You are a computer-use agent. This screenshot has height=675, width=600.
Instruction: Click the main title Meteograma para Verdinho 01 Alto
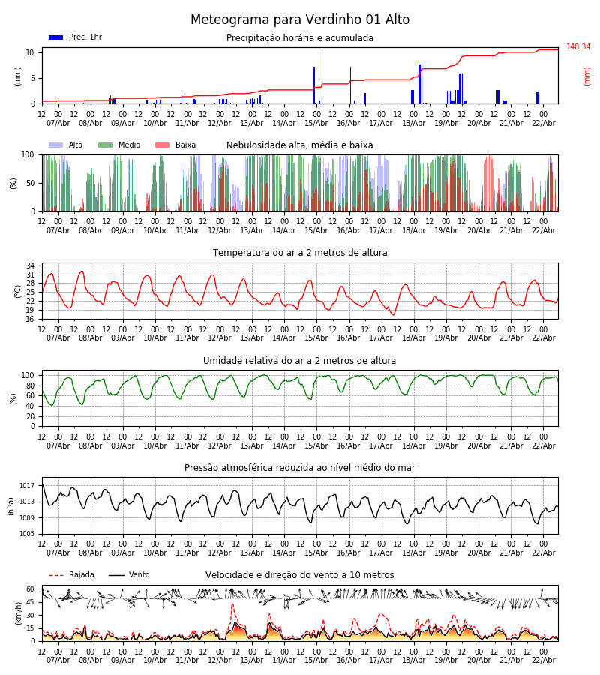point(300,20)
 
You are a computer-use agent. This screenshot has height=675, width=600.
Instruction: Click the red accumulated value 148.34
point(578,47)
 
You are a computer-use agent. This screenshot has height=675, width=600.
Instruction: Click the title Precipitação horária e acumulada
point(300,38)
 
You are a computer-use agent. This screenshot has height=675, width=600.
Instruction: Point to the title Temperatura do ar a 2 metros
point(300,253)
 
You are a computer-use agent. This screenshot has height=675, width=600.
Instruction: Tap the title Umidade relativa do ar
point(300,361)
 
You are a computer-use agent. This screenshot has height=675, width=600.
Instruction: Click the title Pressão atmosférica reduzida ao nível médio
point(300,468)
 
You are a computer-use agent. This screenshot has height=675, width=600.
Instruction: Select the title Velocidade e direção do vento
point(300,575)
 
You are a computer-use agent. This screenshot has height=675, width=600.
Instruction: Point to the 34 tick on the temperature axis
point(30,266)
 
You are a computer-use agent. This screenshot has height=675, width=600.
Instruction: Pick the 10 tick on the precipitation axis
point(30,52)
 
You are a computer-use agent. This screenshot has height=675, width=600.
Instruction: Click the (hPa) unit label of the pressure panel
point(12,505)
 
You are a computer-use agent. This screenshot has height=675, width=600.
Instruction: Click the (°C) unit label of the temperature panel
point(18,291)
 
